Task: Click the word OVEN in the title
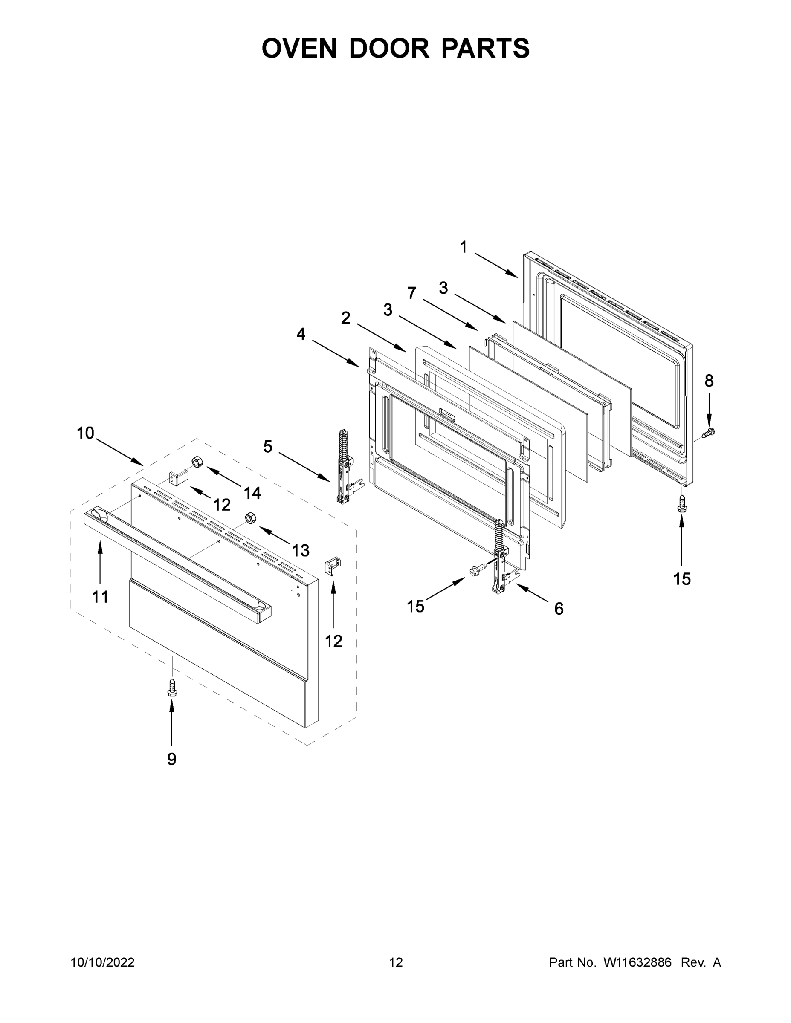pyautogui.click(x=299, y=48)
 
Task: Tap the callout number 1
pyautogui.click(x=464, y=247)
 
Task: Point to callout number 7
pyautogui.click(x=411, y=293)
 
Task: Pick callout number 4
pyautogui.click(x=301, y=334)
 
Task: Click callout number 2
pyautogui.click(x=345, y=318)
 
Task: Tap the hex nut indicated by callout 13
pyautogui.click(x=250, y=518)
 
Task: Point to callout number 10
pyautogui.click(x=85, y=433)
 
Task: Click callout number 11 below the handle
pyautogui.click(x=100, y=597)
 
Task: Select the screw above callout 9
pyautogui.click(x=172, y=688)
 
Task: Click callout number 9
pyautogui.click(x=172, y=759)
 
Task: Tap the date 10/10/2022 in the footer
pyautogui.click(x=103, y=962)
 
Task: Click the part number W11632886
pyautogui.click(x=637, y=962)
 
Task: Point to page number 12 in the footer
pyautogui.click(x=396, y=962)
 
